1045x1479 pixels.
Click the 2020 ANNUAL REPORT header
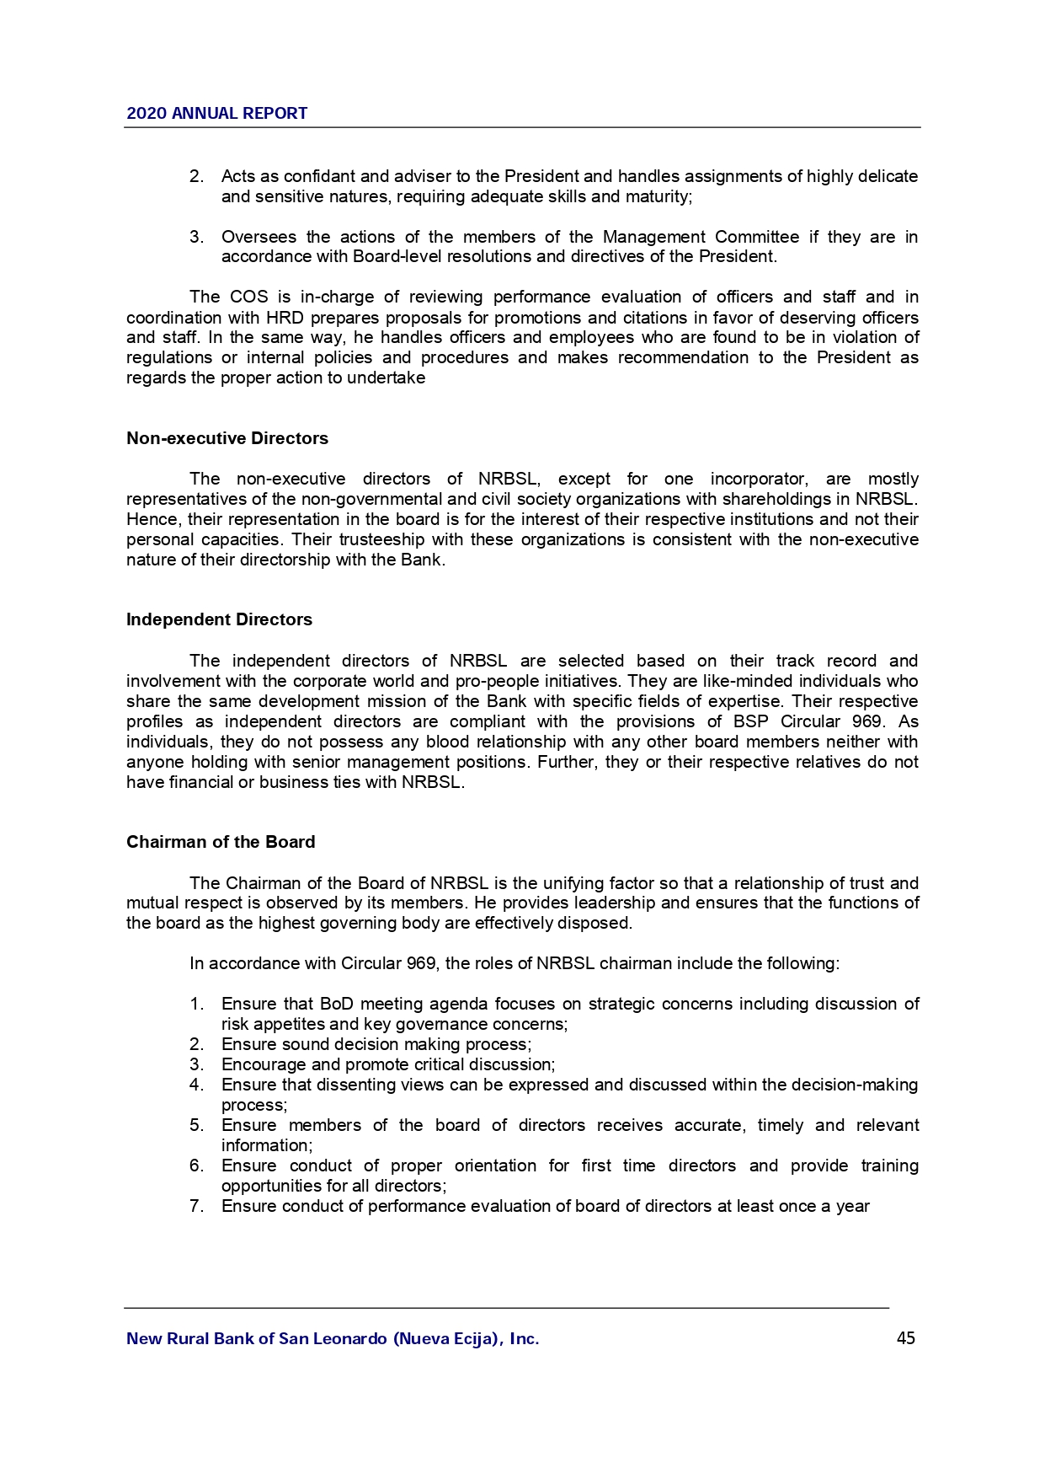coord(216,114)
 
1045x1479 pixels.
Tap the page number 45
coord(906,1338)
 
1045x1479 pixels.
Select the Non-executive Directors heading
coord(227,438)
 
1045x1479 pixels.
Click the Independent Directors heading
coord(219,619)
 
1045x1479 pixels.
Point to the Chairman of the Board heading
coord(221,842)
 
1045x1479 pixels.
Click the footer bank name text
coord(333,1338)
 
